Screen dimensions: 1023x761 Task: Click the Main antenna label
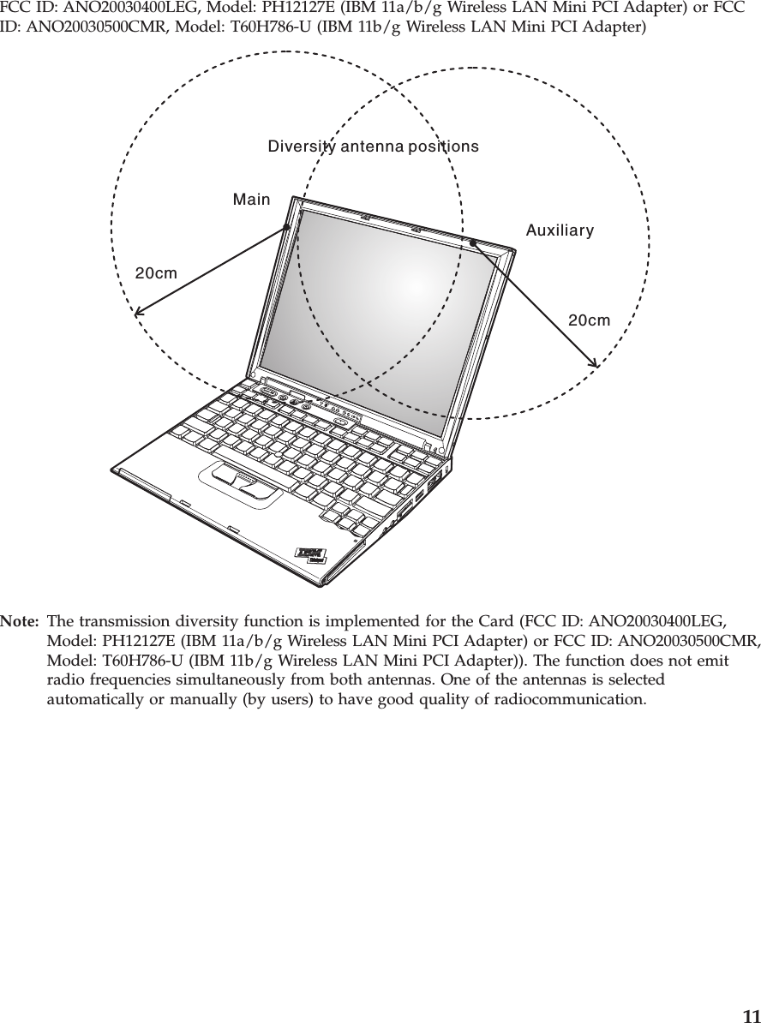pos(251,200)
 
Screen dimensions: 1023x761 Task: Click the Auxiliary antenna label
pos(560,231)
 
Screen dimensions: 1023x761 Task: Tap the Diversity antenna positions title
pos(374,147)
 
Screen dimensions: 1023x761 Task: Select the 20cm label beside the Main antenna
pos(157,274)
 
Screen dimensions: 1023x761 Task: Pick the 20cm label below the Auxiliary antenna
pos(590,320)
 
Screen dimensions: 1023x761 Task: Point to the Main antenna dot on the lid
pos(289,226)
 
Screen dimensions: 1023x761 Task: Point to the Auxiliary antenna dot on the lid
pos(472,242)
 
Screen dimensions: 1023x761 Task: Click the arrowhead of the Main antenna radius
pos(138,312)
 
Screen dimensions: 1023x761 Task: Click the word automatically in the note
pos(93,699)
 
